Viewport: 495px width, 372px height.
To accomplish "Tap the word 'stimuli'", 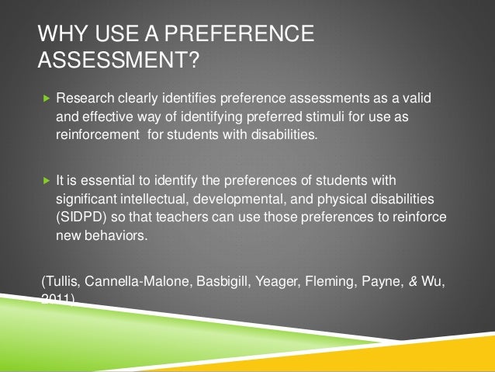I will coord(317,116).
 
